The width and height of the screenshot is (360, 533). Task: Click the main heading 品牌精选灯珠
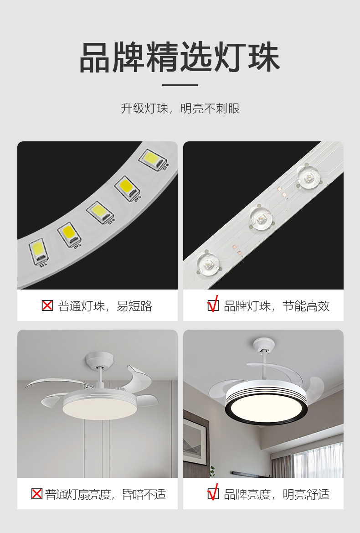(x=180, y=57)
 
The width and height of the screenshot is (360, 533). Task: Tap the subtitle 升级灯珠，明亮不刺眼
(x=180, y=109)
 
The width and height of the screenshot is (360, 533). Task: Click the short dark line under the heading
(x=180, y=85)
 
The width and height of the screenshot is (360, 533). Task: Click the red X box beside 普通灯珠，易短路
(x=47, y=305)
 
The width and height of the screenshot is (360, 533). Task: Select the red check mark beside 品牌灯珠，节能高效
(x=213, y=305)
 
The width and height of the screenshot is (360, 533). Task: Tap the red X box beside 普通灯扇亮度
(x=36, y=494)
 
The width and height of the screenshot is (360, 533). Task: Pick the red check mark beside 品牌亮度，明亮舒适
(x=213, y=493)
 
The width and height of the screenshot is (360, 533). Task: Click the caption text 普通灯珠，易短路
(x=105, y=306)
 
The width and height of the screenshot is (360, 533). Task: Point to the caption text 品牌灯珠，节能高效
(x=277, y=306)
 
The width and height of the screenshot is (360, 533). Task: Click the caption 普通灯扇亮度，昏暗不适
(x=106, y=494)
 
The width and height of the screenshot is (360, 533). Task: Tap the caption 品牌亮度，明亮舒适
(x=277, y=494)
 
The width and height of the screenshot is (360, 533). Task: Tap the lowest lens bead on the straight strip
(x=207, y=263)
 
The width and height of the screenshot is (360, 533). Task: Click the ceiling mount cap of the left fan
(x=99, y=361)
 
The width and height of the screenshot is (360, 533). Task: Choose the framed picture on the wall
(x=195, y=443)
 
